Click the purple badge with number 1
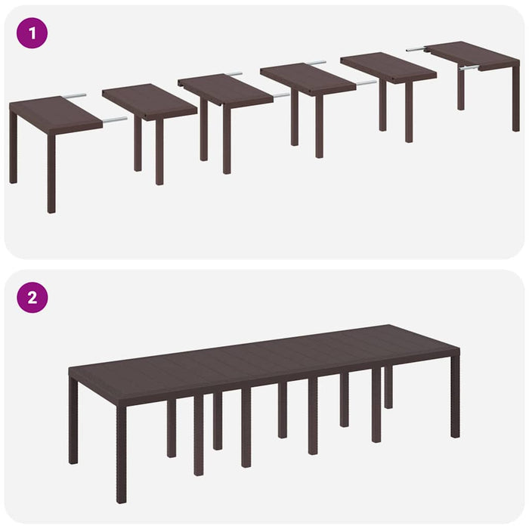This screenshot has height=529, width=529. coord(32,33)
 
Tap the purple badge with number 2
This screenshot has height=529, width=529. coord(32,297)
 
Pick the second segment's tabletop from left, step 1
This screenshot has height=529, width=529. coord(149,100)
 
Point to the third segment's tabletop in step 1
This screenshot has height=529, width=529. coord(225,88)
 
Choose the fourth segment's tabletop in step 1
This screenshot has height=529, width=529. coord(307,77)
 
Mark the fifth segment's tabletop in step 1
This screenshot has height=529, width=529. coord(388,66)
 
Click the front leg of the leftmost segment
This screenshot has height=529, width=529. coord(51,174)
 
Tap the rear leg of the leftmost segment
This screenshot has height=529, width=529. coord(14,147)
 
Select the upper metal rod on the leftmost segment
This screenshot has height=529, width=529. coord(74,96)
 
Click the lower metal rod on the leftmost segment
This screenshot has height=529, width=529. coord(114,119)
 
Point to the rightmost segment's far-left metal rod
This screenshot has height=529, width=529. coord(416,49)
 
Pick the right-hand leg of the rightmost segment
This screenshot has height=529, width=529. coord(515,98)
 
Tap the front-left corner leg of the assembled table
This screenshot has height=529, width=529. coord(121,453)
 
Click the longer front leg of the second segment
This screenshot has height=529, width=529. coord(159,151)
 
